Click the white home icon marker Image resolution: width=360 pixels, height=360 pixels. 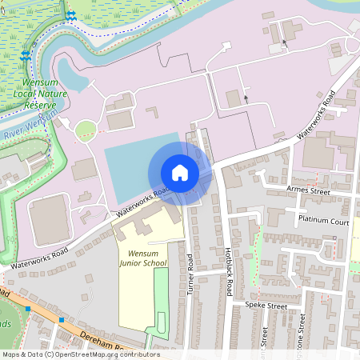click(180, 173)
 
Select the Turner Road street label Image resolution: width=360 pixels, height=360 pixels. click(190, 274)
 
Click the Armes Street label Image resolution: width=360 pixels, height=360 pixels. click(308, 191)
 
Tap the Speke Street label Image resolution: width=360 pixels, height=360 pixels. click(266, 306)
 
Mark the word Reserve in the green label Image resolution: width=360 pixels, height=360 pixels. click(40, 105)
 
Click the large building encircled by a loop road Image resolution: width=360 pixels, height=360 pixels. click(50, 219)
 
